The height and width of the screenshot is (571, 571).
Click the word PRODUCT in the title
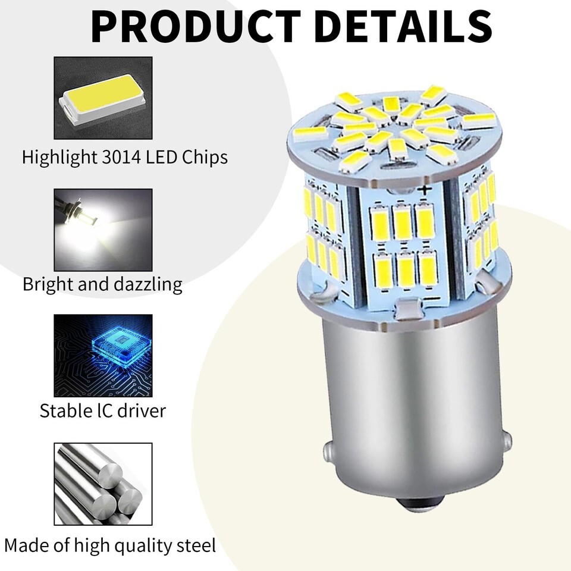tap(196, 27)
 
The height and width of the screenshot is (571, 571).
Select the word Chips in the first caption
tap(205, 158)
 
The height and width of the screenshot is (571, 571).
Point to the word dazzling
tap(148, 284)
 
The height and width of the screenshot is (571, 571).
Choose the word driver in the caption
tap(143, 411)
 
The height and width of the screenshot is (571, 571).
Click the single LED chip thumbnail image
tap(103, 98)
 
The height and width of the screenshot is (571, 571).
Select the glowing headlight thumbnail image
tap(103, 230)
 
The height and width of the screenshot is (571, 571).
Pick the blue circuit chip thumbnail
tap(103, 356)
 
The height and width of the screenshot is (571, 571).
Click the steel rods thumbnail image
tap(103, 484)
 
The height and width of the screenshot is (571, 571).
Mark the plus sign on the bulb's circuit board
tap(424, 189)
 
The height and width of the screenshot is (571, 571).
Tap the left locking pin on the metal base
tap(328, 453)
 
